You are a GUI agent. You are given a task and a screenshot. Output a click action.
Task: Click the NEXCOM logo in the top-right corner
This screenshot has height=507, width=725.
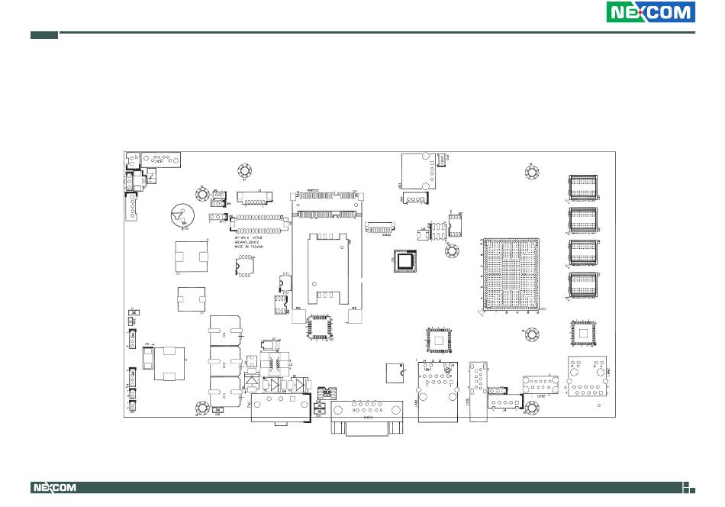click(x=650, y=13)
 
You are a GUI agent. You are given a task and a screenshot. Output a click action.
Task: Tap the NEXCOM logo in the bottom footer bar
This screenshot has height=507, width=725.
click(x=53, y=488)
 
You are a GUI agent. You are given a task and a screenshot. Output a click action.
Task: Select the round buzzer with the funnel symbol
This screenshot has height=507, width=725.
click(x=182, y=217)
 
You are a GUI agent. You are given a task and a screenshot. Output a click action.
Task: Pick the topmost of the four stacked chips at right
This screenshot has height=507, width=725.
click(x=584, y=188)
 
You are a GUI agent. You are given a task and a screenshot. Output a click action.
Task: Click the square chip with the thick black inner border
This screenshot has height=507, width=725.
click(x=404, y=260)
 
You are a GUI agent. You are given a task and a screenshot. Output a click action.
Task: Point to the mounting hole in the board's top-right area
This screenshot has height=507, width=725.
click(x=530, y=170)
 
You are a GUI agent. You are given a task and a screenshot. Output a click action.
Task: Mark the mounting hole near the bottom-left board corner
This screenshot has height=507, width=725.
click(x=202, y=409)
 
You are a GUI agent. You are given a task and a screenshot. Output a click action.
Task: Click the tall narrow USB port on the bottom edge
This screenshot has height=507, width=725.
click(x=478, y=390)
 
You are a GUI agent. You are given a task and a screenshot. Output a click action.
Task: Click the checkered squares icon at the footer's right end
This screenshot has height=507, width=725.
click(x=688, y=488)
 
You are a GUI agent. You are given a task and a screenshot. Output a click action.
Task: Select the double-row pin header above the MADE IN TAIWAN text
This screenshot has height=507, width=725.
click(x=259, y=224)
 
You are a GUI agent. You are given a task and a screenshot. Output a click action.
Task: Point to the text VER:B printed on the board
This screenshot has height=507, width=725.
click(x=253, y=237)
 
